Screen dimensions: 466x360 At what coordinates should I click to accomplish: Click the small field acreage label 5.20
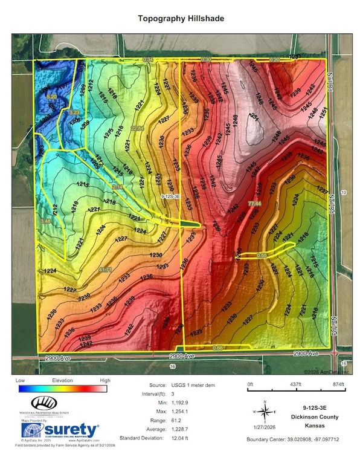pos(51,97)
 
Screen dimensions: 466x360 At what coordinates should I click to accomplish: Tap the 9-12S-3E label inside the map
pos(173,197)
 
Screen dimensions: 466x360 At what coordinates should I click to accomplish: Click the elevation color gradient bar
pos(62,389)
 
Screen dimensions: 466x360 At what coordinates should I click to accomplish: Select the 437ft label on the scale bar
pos(296,384)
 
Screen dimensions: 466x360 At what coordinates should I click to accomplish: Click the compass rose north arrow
pos(265,412)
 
